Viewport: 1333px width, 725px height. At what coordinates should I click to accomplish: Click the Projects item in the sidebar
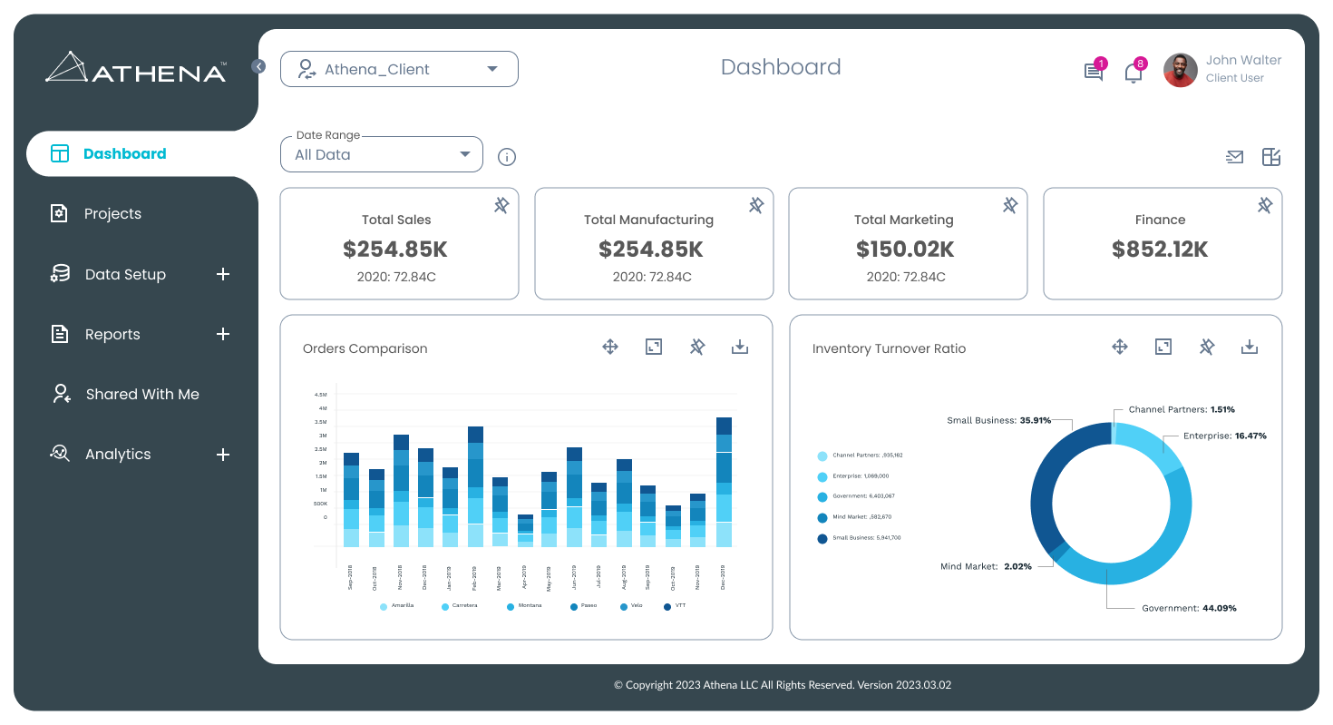pyautogui.click(x=112, y=214)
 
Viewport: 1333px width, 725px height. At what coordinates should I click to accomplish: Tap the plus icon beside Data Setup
pyautogui.click(x=223, y=274)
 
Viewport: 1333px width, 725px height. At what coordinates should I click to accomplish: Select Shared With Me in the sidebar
pyautogui.click(x=141, y=394)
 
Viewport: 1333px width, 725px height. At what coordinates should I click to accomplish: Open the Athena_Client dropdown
pyautogui.click(x=399, y=69)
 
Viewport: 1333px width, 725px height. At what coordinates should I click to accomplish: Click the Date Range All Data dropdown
pyautogui.click(x=381, y=154)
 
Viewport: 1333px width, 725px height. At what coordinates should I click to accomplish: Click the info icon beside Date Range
pyautogui.click(x=507, y=157)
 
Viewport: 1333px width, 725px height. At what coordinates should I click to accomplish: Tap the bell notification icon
pyautogui.click(x=1133, y=73)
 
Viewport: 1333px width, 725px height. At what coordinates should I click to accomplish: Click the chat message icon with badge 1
pyautogui.click(x=1094, y=73)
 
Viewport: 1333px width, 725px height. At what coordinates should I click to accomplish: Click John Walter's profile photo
pyautogui.click(x=1180, y=70)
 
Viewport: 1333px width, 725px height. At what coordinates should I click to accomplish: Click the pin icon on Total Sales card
pyautogui.click(x=501, y=205)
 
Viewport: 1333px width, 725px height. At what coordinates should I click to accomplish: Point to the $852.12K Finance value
pyautogui.click(x=1160, y=250)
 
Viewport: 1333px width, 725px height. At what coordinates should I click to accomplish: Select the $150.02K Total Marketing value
pyautogui.click(x=904, y=250)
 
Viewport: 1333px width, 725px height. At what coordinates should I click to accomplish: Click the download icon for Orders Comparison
pyautogui.click(x=740, y=347)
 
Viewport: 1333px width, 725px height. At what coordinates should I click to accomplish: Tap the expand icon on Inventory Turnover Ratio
pyautogui.click(x=1163, y=347)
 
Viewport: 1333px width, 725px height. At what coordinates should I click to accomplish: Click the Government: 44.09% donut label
pyautogui.click(x=1188, y=608)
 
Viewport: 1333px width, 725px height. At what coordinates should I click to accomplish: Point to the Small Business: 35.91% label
pyautogui.click(x=998, y=420)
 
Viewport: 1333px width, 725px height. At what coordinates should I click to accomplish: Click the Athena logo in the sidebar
pyautogui.click(x=136, y=69)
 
